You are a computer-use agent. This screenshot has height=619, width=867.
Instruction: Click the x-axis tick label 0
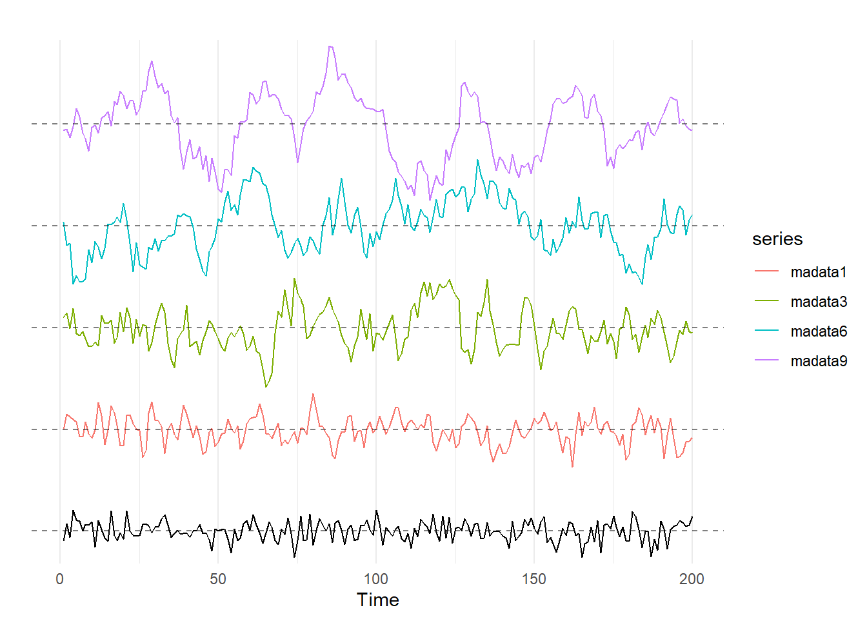click(60, 579)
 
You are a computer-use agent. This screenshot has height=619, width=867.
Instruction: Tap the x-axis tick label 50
click(218, 579)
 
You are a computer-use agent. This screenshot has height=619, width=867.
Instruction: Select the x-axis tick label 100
click(376, 579)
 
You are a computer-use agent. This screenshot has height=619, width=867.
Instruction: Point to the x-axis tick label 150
click(534, 579)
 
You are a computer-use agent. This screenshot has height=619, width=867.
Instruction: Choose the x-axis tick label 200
click(692, 579)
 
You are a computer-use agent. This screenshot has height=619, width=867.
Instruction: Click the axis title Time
click(378, 600)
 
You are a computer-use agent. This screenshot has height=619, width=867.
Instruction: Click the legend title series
click(777, 239)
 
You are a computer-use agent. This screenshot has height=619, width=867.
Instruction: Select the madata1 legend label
click(818, 272)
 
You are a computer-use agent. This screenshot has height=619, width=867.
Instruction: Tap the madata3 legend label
click(818, 302)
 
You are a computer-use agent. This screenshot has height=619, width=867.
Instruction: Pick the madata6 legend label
click(818, 331)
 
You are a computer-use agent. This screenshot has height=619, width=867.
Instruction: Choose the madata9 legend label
click(818, 361)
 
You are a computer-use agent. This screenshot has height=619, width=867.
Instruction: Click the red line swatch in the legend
click(766, 272)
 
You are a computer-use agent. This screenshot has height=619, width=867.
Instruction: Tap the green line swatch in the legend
click(766, 302)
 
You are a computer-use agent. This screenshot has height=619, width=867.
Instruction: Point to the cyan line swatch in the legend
click(766, 331)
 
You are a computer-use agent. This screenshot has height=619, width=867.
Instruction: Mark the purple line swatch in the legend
click(766, 361)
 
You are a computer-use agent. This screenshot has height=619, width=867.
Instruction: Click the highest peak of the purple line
click(330, 46)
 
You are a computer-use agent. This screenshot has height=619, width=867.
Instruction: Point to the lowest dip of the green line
click(266, 387)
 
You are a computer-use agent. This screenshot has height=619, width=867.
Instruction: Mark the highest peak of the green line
click(294, 279)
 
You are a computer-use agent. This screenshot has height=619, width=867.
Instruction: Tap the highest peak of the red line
click(313, 394)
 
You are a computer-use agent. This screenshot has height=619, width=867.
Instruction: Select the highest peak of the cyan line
click(478, 159)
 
